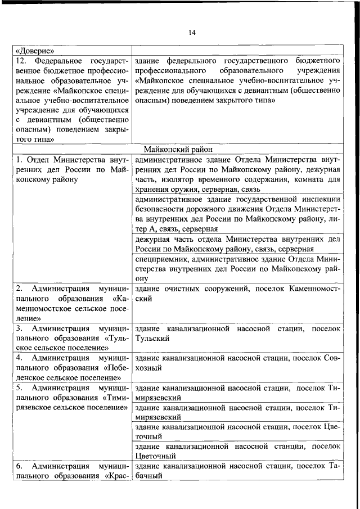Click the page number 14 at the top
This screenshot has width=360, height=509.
[192, 33]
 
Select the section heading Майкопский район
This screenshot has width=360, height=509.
[178, 150]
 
